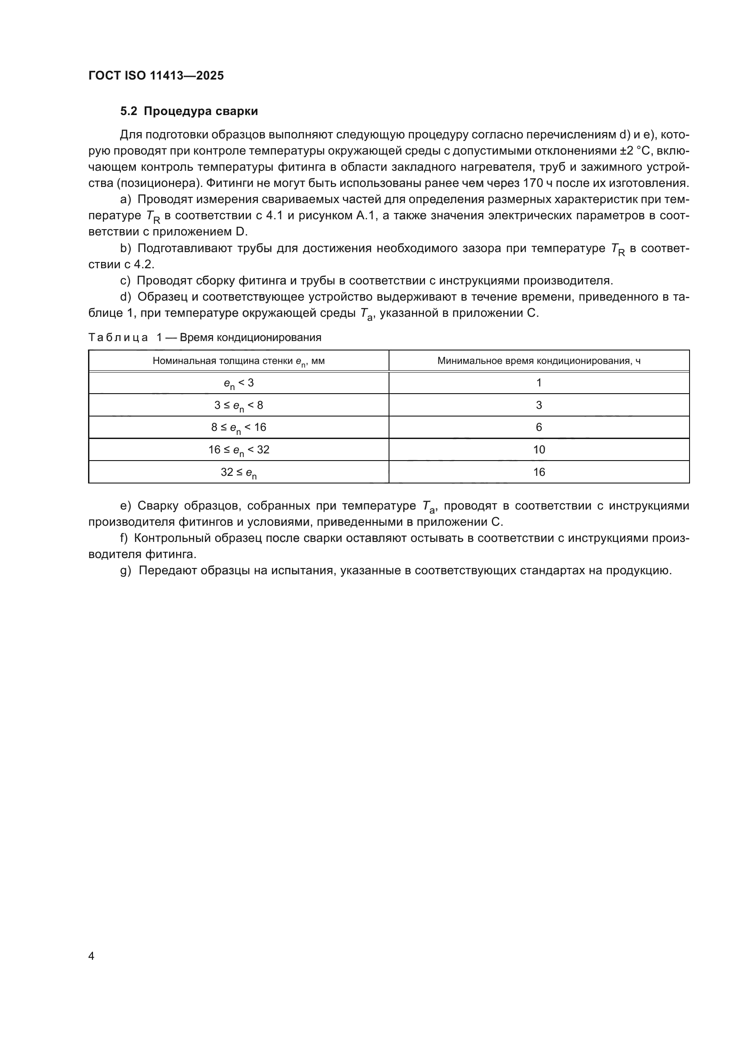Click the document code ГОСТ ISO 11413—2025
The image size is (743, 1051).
[156, 75]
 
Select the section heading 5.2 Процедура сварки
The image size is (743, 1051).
[189, 111]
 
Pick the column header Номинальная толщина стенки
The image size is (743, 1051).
[239, 361]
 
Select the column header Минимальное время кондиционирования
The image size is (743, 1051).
[539, 361]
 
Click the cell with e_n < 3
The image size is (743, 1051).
[239, 383]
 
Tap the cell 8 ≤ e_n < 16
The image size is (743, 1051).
[239, 427]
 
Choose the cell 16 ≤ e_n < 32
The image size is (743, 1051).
[239, 450]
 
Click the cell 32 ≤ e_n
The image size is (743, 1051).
[239, 472]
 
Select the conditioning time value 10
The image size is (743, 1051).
[539, 449]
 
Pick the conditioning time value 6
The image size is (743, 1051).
[539, 427]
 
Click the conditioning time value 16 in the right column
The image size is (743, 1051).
[539, 472]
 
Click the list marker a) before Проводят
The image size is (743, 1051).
[125, 200]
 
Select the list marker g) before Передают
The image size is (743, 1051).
[126, 571]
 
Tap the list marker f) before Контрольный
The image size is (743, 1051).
[124, 538]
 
